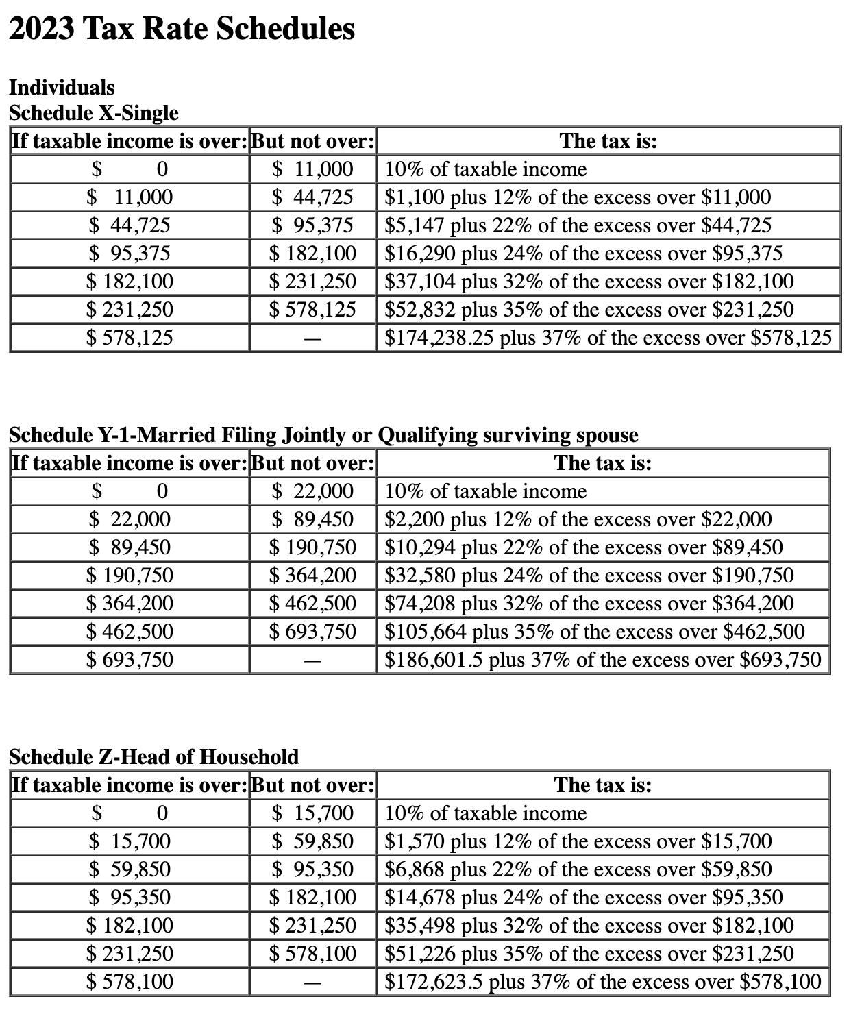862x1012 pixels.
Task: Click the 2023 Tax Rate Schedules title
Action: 182,30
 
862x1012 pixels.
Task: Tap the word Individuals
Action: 62,88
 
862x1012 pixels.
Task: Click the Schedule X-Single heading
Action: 93,113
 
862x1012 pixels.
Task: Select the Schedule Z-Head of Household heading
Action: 153,756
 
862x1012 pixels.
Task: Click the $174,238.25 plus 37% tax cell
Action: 608,338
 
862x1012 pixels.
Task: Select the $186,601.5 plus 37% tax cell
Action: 602,660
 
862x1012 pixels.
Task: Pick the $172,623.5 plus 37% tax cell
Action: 602,982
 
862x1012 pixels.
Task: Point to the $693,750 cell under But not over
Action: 312,631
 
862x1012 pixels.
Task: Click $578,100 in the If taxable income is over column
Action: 130,982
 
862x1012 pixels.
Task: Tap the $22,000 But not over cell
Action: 312,491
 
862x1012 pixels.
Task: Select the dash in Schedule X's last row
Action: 312,338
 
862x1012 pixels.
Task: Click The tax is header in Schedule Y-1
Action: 602,463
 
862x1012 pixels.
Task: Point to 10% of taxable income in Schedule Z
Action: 486,813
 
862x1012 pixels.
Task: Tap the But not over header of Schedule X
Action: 312,141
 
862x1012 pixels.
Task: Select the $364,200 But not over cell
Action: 312,576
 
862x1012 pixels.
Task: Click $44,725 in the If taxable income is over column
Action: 130,225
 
